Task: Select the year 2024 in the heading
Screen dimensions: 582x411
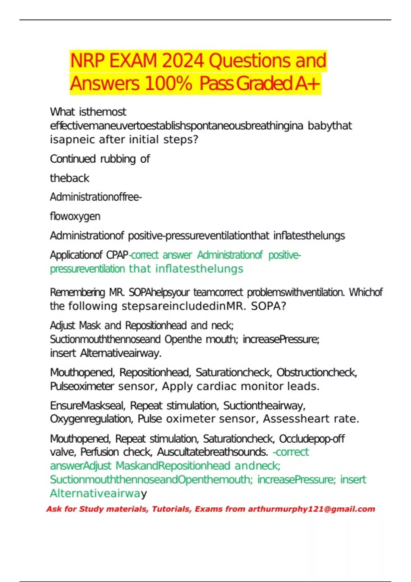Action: coord(183,61)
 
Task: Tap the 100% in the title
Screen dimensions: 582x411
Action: coord(168,84)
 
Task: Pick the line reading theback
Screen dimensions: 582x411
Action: coord(70,178)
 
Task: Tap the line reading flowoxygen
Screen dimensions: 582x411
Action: coord(75,216)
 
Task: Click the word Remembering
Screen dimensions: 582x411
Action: coord(77,292)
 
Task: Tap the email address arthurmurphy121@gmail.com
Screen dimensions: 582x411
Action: coord(311,509)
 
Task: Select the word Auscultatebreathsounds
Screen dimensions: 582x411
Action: coord(212,452)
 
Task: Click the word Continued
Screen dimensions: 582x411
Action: coord(73,159)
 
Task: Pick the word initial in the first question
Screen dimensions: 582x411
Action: coord(144,140)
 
